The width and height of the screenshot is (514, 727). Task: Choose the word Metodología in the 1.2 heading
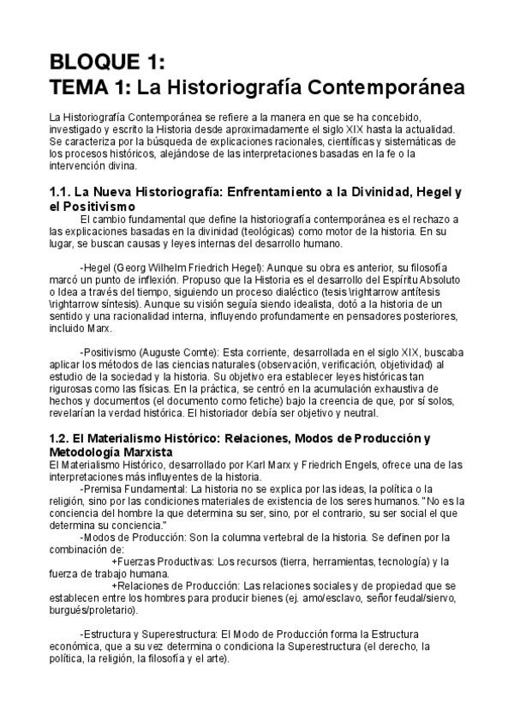coord(93,452)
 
